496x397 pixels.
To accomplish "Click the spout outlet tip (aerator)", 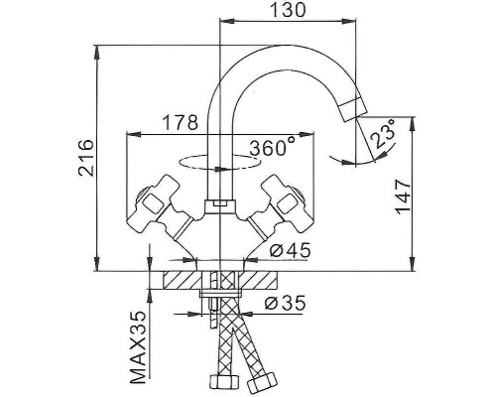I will pyautogui.click(x=350, y=108).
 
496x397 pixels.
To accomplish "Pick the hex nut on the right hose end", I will pyautogui.click(x=265, y=382).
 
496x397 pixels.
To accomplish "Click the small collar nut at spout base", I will pyautogui.click(x=216, y=204).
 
